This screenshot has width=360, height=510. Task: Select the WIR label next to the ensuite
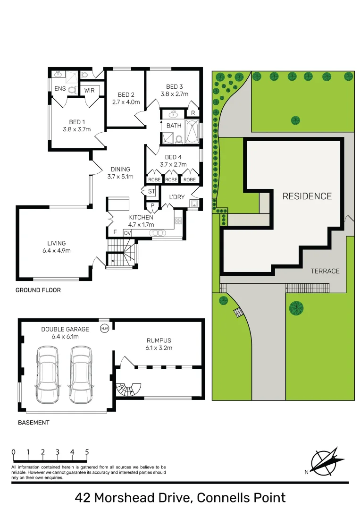[90, 90]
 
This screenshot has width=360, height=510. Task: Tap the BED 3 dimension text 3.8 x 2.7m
[174, 94]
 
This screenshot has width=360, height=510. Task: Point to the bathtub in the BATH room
[193, 132]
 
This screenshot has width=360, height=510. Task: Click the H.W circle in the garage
[104, 328]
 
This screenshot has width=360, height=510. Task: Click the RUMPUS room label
[159, 340]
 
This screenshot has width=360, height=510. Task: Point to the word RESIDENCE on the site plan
[307, 196]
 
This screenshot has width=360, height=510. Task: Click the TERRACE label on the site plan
[325, 271]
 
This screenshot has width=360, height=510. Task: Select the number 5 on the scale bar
[87, 452]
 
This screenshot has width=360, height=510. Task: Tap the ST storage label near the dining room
[151, 191]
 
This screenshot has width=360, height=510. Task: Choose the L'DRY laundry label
[176, 197]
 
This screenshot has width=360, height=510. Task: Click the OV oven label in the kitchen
[127, 233]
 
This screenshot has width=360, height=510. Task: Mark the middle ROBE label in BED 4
[171, 180]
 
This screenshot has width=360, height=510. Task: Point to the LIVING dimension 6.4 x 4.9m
[56, 251]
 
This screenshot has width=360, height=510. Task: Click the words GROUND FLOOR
[38, 290]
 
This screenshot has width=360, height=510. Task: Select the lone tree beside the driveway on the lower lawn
[296, 308]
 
